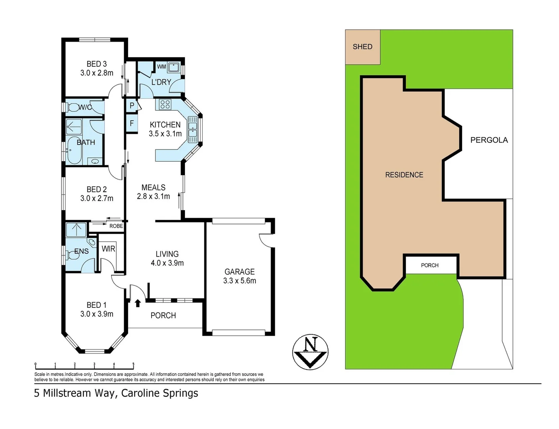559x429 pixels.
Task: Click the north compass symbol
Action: click(310, 352)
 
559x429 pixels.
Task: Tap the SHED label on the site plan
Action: click(362, 47)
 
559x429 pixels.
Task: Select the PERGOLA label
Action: click(489, 140)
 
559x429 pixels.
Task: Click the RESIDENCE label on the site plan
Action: click(404, 175)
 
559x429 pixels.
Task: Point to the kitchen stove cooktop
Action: click(165, 104)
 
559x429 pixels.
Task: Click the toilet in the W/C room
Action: click(73, 107)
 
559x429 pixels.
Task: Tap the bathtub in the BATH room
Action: click(74, 150)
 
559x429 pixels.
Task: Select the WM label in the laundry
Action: click(161, 67)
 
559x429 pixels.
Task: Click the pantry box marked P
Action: click(132, 106)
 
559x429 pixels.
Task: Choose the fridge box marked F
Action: click(132, 124)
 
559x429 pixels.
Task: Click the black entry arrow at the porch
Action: click(138, 303)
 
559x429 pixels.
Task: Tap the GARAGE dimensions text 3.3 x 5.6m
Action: click(240, 281)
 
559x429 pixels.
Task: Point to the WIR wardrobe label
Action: click(108, 249)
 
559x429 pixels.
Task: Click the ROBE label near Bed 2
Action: click(116, 226)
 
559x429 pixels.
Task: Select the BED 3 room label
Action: click(96, 64)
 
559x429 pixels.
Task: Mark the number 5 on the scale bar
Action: click(133, 364)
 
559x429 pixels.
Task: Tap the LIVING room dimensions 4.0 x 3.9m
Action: click(167, 263)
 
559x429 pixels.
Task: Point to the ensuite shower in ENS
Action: click(76, 230)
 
